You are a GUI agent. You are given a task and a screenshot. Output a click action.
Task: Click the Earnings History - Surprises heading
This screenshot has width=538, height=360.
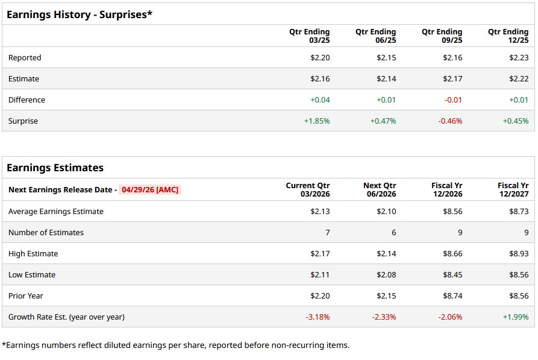tap(80, 14)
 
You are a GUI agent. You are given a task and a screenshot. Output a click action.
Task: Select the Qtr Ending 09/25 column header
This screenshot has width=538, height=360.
tap(442, 36)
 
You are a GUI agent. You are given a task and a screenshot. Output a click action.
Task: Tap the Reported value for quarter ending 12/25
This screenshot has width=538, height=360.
tap(518, 58)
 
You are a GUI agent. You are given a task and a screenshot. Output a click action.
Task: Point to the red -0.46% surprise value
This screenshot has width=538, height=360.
tap(450, 121)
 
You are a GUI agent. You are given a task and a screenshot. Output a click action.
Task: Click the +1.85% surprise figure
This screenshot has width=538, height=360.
tap(317, 121)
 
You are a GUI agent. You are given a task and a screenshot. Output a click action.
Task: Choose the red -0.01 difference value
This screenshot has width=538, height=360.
tap(453, 100)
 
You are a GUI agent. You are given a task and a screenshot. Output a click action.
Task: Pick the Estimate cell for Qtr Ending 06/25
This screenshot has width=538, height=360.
tap(386, 79)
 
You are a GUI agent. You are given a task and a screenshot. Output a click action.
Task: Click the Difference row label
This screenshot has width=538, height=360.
tap(27, 100)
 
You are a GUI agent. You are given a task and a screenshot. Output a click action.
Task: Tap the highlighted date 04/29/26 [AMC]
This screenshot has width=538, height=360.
tap(150, 190)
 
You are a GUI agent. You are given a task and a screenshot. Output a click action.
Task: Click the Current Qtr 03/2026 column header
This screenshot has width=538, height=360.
tap(308, 189)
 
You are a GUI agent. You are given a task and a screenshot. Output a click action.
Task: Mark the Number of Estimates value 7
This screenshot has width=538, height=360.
tap(327, 233)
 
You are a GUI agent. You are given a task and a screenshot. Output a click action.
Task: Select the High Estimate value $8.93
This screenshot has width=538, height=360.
tap(518, 254)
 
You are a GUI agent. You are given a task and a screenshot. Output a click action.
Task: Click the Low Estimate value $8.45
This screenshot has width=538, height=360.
tap(452, 275)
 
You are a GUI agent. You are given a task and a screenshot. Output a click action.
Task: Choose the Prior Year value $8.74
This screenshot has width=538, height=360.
tap(452, 296)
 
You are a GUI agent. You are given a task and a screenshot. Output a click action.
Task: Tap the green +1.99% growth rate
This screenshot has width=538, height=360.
tap(516, 317)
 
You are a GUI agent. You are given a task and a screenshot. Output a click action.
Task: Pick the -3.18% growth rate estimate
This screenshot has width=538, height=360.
tap(317, 317)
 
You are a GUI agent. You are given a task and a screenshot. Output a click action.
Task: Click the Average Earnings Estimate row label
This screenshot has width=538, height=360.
tap(56, 212)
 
